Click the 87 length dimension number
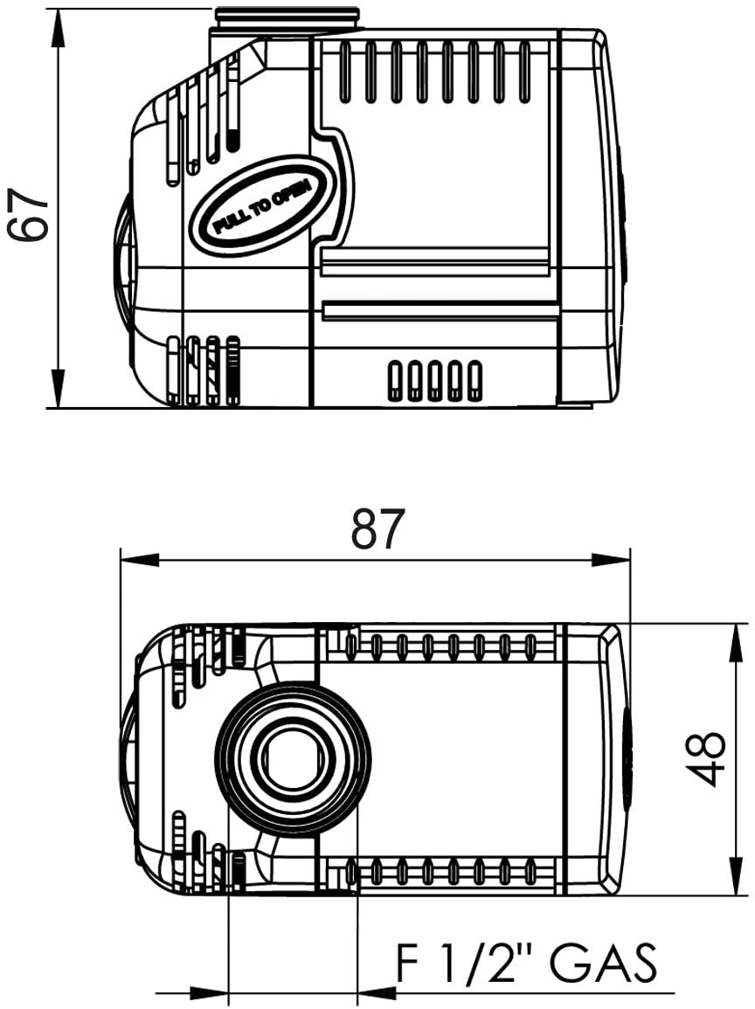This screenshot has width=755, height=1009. [x=378, y=529]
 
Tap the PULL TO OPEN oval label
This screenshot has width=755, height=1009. [x=263, y=206]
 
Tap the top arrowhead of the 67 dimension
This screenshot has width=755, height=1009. [x=58, y=28]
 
